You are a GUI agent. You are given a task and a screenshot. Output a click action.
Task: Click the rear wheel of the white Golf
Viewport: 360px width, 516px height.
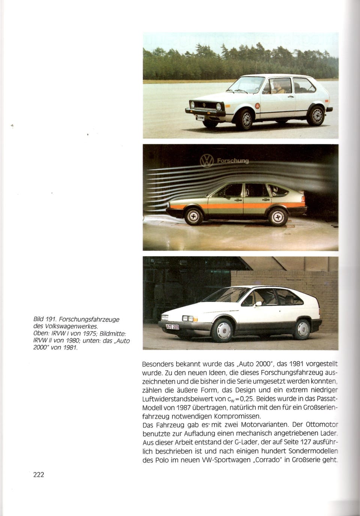click(x=316, y=115)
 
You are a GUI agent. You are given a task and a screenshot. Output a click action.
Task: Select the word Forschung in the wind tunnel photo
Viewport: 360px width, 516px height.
click(x=231, y=161)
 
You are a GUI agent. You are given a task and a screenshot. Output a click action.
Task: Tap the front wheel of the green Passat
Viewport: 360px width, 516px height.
click(x=193, y=217)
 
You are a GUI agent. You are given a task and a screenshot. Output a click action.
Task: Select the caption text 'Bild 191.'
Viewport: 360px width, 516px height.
click(x=44, y=319)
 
